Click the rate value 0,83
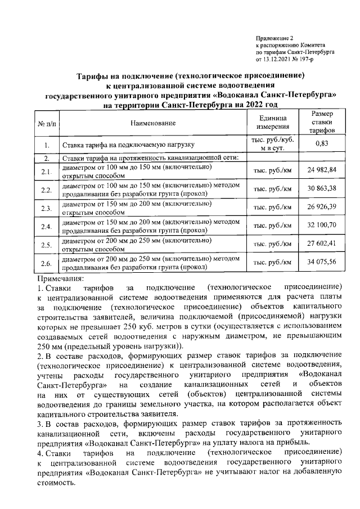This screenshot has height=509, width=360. [322, 143]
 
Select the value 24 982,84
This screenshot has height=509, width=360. [322, 170]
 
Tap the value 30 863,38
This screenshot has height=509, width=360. [322, 188]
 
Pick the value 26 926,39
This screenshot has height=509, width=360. [322, 206]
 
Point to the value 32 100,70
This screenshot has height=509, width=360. [322, 225]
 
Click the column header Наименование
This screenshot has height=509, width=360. [152, 122]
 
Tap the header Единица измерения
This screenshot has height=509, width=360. [273, 122]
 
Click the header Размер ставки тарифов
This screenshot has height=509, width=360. [322, 122]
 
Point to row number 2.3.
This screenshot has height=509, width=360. [47, 208]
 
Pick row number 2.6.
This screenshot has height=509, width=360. [47, 263]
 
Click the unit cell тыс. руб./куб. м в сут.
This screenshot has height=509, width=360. [273, 143]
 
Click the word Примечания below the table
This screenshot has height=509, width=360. [60, 278]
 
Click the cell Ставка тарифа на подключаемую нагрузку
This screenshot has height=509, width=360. [128, 145]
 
